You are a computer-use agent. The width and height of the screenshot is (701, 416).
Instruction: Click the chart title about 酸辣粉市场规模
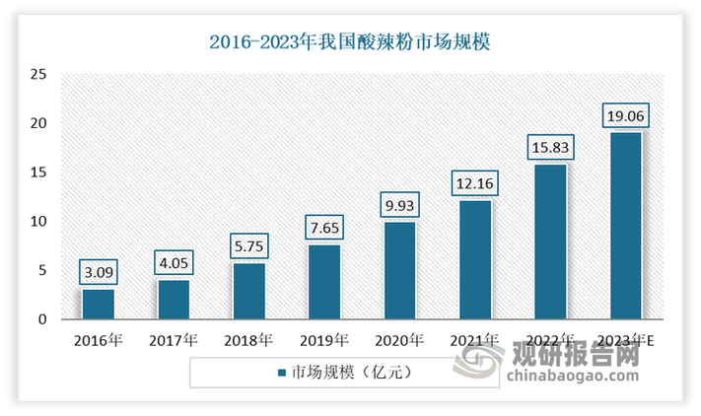pos(350,42)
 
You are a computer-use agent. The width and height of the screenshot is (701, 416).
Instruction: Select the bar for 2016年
pos(99,304)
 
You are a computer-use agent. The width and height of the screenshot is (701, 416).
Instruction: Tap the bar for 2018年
pos(249,291)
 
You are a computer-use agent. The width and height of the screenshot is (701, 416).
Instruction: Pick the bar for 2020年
pos(399,270)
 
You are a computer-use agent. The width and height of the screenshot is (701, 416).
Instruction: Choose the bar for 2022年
pos(550,242)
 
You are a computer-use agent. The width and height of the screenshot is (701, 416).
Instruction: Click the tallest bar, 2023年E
pos(626,226)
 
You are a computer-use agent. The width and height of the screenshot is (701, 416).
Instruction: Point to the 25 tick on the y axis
pos(38,74)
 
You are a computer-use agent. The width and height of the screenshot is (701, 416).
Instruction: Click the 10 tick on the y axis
pos(38,221)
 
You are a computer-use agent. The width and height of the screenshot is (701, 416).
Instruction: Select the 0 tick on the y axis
pos(42,319)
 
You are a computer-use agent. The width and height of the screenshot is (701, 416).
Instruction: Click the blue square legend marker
pos(283,374)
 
